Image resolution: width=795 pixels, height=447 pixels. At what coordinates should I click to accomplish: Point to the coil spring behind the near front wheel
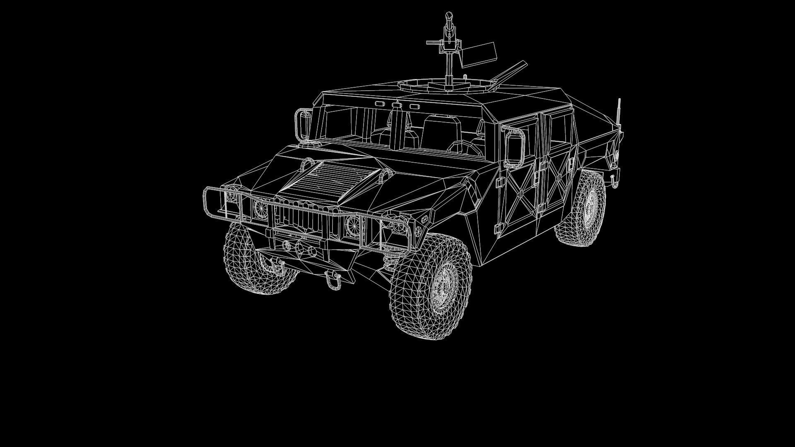point(389,259)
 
